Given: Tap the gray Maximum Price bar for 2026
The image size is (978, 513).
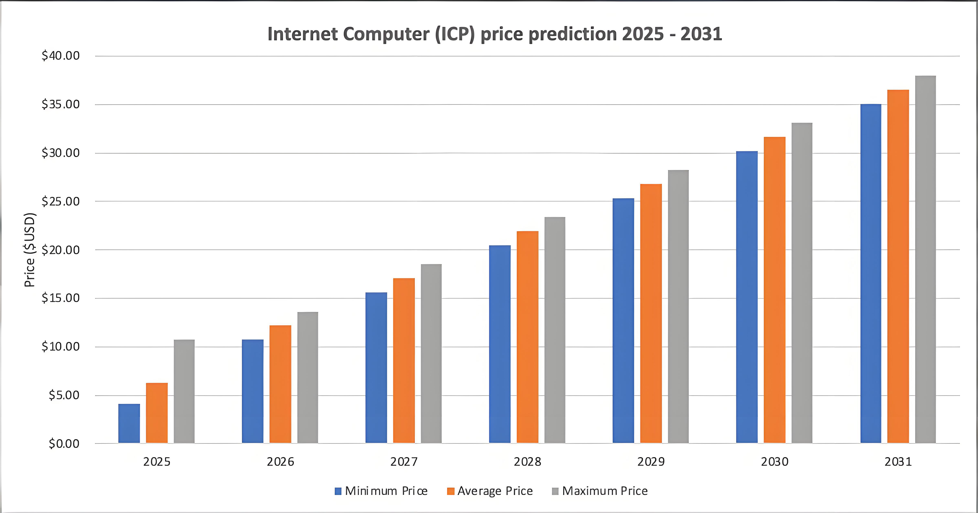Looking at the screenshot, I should pos(307,378).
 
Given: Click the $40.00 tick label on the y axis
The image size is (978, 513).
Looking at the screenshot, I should pos(61,56).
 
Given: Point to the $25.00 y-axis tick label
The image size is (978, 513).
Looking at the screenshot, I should pos(61,202).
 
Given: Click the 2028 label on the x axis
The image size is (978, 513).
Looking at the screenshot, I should pos(527,462).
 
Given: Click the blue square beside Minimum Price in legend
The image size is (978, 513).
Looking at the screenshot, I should pos(338,491).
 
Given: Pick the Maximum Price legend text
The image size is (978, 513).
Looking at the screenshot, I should pos(605,491).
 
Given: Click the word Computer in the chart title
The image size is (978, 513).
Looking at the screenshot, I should pos(386,34).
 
